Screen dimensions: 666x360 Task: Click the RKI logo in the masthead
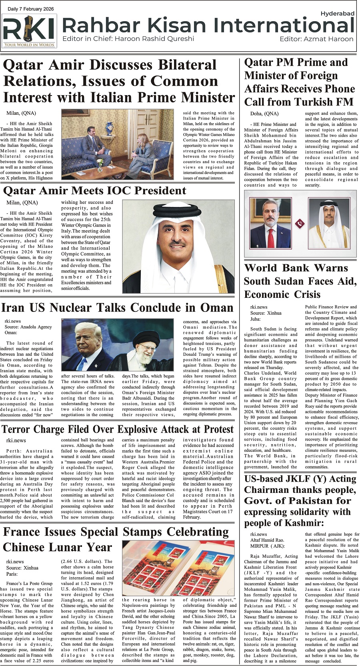[x=29, y=31]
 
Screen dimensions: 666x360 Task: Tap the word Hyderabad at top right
[x=337, y=14]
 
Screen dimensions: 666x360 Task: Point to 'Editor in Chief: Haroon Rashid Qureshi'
[x=128, y=39]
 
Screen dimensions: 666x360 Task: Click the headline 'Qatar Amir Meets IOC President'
[x=95, y=191]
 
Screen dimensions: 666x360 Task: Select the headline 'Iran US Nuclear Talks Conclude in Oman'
[x=117, y=308]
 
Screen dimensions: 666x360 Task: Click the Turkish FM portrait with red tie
[x=270, y=222]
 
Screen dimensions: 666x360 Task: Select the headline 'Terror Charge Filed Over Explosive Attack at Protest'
[x=118, y=430]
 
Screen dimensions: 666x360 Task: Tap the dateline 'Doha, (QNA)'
[x=264, y=114]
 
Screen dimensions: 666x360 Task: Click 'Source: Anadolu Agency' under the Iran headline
[x=28, y=327]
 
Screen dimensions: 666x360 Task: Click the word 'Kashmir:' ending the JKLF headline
[x=304, y=523]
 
